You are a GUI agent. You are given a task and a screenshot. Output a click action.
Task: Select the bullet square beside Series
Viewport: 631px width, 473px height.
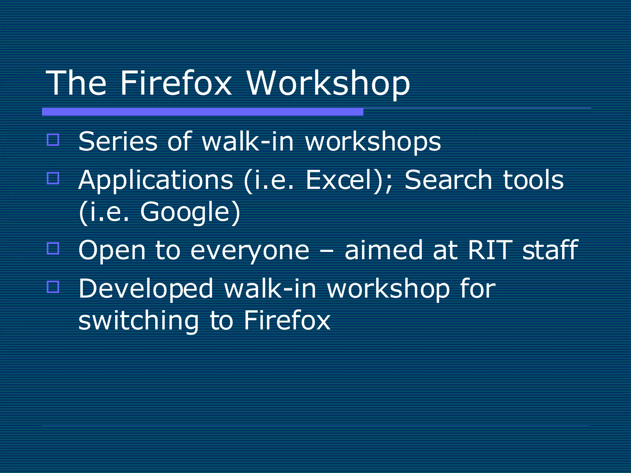[x=53, y=139]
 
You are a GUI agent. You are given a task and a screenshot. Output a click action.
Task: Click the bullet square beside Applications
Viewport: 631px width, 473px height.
[x=53, y=178]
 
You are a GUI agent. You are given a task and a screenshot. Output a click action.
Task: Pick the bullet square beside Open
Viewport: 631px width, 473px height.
[x=53, y=248]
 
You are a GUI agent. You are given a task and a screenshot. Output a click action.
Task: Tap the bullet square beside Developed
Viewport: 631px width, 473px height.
[x=53, y=287]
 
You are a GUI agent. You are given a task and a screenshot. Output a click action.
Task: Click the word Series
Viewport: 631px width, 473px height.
[x=118, y=142]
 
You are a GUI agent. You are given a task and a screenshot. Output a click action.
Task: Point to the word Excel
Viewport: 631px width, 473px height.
[x=339, y=180]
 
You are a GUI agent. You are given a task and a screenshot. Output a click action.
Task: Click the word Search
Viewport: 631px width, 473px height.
[x=448, y=180]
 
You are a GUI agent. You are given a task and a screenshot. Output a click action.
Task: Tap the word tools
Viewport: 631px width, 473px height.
[x=533, y=180]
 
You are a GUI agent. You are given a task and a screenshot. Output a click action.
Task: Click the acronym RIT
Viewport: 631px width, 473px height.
[x=490, y=250]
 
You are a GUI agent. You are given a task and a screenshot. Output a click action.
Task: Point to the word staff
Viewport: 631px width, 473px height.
[x=550, y=250]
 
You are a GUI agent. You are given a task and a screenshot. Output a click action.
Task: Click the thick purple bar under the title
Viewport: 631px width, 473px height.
[x=202, y=112]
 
